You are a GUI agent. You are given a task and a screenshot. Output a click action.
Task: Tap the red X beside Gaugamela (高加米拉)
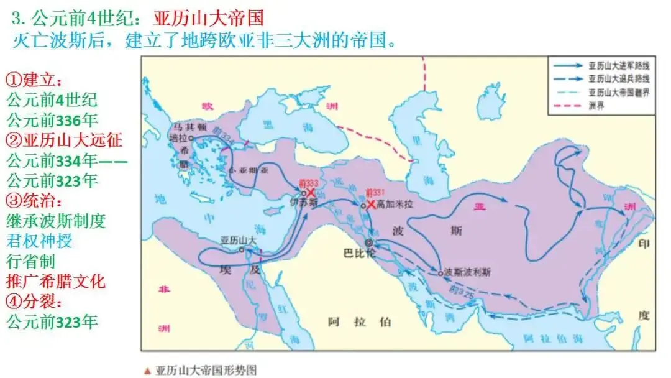(x=372, y=204)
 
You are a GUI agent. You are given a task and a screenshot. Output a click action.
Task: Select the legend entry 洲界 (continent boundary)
(x=595, y=106)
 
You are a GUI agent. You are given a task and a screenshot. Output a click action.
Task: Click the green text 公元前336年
(x=52, y=120)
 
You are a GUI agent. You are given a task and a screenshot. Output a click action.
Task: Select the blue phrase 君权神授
(x=39, y=241)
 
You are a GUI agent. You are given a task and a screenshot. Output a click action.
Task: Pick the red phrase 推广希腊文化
(x=57, y=281)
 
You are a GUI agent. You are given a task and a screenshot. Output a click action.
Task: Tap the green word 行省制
(x=31, y=261)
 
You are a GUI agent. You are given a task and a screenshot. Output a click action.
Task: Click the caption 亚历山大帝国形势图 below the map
(x=205, y=370)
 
